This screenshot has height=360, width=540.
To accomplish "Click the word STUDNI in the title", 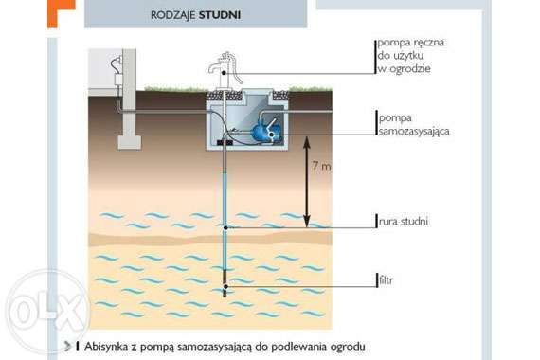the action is (220, 15).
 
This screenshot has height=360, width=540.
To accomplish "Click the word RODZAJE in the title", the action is (173, 15).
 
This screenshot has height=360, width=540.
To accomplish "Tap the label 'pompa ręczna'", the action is (411, 43).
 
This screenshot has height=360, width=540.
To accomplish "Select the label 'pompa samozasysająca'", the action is (414, 124).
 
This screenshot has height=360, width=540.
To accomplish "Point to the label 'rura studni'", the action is (404, 221).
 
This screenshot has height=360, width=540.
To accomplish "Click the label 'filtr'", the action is (386, 280).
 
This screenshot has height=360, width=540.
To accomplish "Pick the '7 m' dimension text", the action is (321, 166).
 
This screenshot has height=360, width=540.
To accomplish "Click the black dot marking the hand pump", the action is (224, 73).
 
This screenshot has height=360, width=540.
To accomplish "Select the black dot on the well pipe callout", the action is (225, 227).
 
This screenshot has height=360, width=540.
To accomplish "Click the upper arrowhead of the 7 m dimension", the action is (307, 143).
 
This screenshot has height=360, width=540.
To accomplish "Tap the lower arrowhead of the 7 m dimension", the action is (307, 221).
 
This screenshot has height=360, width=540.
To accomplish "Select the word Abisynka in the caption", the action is (105, 347).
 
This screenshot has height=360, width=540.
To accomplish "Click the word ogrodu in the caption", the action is (348, 347).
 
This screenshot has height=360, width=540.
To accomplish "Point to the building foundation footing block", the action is (129, 142).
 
